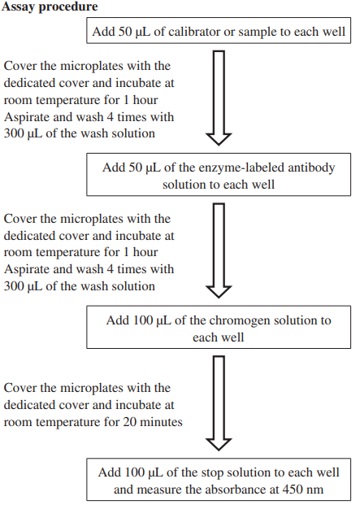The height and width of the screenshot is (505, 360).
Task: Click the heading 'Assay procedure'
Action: coord(50,7)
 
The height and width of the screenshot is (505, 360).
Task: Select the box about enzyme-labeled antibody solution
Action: coord(219,175)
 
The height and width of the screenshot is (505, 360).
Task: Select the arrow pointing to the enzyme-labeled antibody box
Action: coord(219,98)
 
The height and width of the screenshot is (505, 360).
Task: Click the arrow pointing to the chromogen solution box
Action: coord(219,250)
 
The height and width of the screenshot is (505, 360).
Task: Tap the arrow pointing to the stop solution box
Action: coord(219,403)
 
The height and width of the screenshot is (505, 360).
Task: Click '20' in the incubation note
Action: coord(129,422)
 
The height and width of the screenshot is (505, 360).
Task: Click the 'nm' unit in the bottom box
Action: coord(315,490)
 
